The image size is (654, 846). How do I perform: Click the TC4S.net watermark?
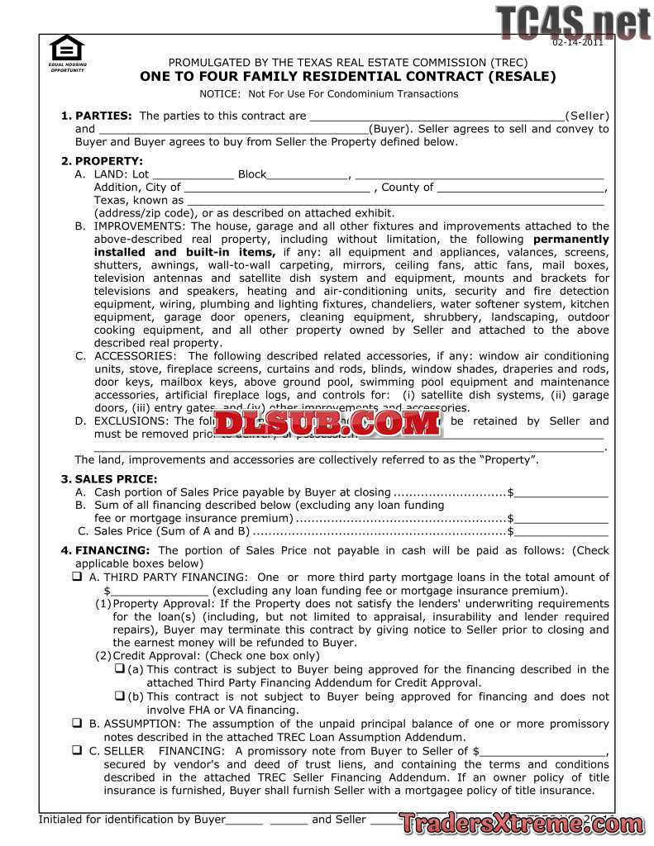pyautogui.click(x=573, y=23)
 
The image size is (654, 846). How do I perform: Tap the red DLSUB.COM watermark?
pyautogui.click(x=327, y=424)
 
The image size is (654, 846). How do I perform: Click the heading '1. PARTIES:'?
pyautogui.click(x=97, y=116)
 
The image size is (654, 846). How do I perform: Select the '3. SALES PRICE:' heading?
pyautogui.click(x=109, y=479)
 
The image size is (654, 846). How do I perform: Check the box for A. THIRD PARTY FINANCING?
pyautogui.click(x=77, y=577)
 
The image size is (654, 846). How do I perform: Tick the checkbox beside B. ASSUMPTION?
pyautogui.click(x=77, y=724)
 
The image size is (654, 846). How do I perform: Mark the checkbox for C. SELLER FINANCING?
pyautogui.click(x=77, y=751)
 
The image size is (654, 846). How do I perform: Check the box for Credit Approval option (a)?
pyautogui.click(x=119, y=668)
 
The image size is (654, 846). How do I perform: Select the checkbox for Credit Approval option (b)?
pyautogui.click(x=119, y=696)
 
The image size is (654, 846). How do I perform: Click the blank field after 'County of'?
pyautogui.click(x=522, y=188)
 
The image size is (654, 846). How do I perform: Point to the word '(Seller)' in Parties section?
pyautogui.click(x=587, y=116)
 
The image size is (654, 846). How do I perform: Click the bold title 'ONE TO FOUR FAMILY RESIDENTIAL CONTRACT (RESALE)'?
pyautogui.click(x=348, y=77)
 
